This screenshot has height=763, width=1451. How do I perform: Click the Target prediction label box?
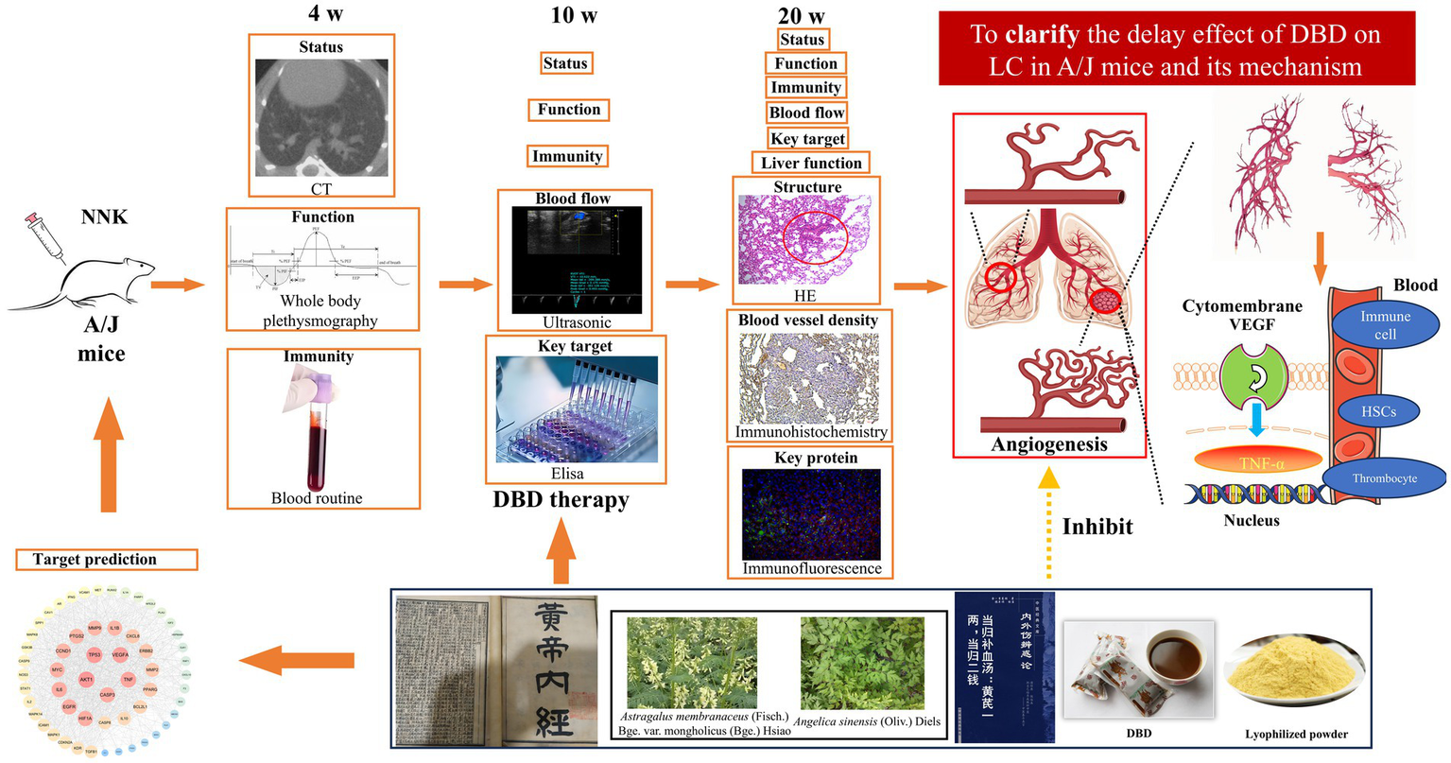point(107,560)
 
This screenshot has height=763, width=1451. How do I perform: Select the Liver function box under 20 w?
point(810,163)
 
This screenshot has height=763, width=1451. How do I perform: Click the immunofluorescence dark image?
point(811,513)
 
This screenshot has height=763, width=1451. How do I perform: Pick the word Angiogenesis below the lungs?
point(1048,443)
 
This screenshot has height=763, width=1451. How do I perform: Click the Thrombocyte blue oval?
point(1384,478)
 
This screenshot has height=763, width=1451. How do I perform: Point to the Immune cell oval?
point(1385,325)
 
